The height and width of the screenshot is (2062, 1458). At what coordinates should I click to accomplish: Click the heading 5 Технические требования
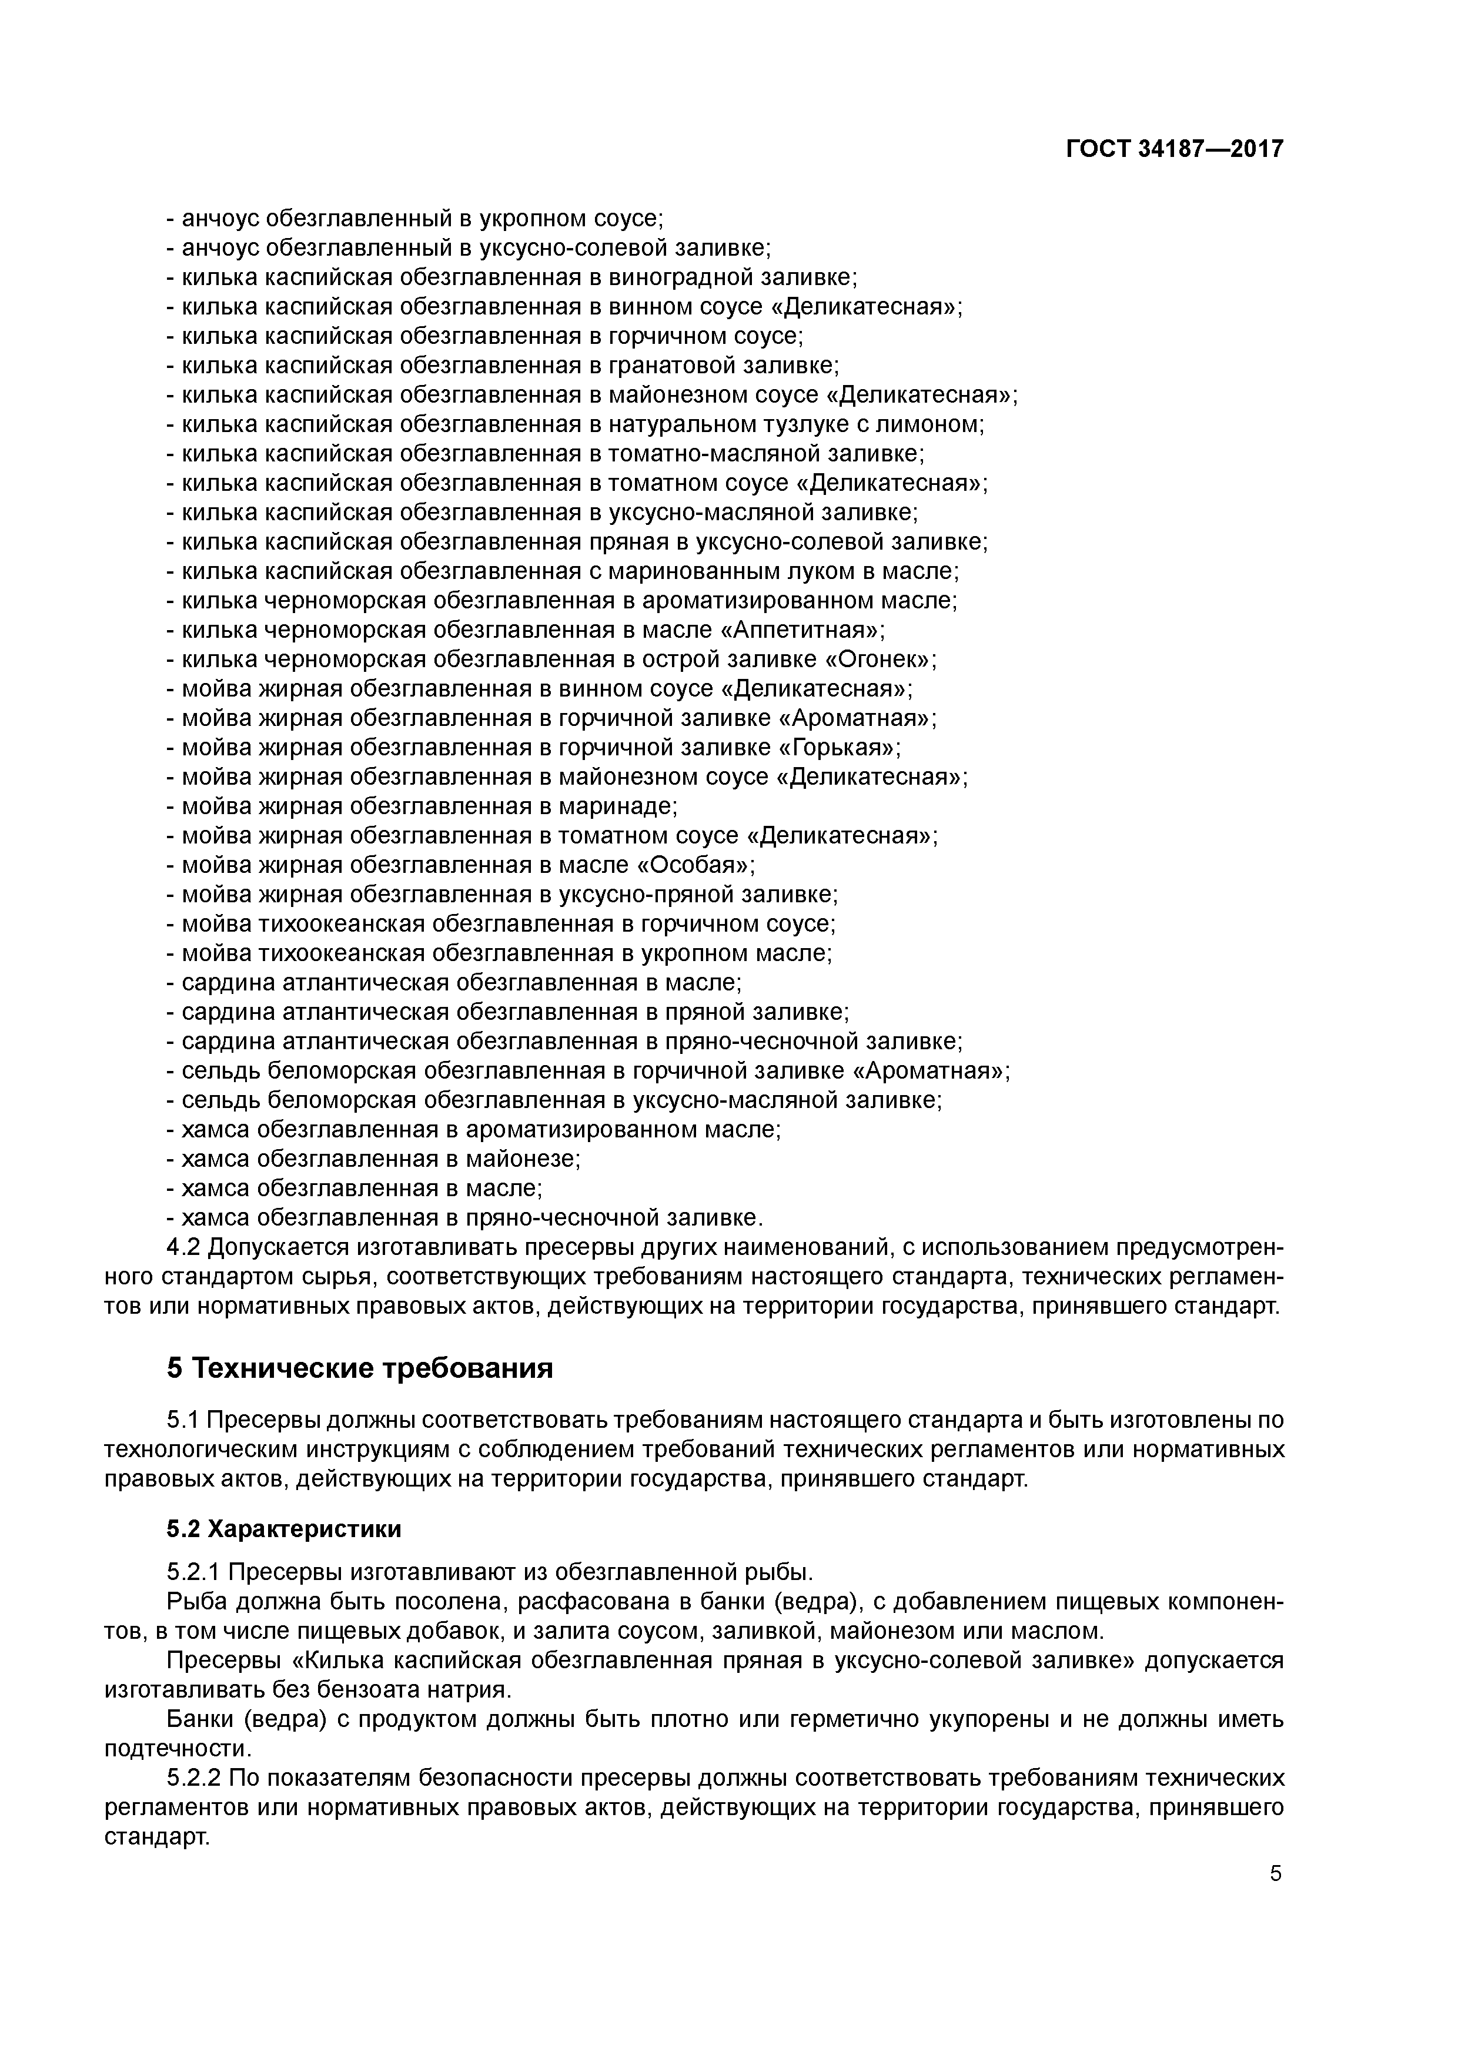click(359, 1368)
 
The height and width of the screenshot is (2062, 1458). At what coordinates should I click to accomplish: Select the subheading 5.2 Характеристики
click(284, 1529)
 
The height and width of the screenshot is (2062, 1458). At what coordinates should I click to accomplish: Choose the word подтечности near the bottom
click(176, 1749)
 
